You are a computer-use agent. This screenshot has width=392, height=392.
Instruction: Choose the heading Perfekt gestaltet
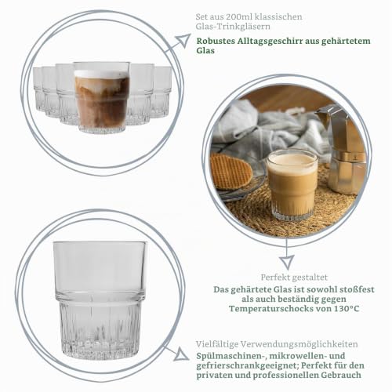click(x=294, y=278)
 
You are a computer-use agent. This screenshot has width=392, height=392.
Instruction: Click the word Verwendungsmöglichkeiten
click(x=299, y=344)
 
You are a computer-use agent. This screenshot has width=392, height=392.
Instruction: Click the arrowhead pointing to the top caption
click(x=183, y=40)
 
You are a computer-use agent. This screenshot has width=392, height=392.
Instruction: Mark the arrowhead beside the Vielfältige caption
click(x=181, y=354)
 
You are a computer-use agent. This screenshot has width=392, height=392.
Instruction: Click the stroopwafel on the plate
click(x=230, y=171)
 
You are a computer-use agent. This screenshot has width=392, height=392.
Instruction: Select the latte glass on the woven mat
click(x=292, y=184)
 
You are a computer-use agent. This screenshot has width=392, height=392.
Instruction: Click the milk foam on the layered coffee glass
click(x=102, y=74)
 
